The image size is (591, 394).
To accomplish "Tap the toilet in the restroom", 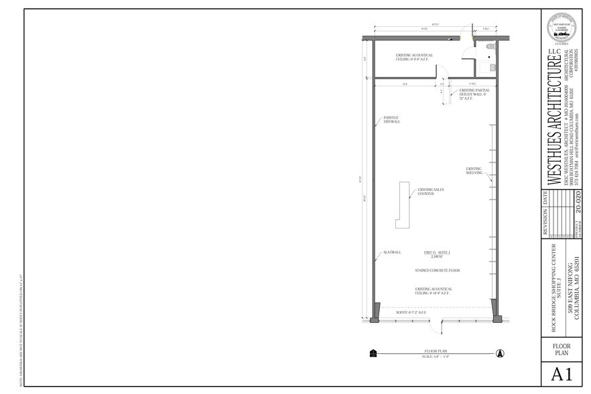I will pos(490,48).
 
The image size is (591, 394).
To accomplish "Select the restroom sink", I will pos(493,68).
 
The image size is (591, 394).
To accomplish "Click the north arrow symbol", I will pos(499,353).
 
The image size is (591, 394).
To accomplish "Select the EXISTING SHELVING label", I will pos(474,171).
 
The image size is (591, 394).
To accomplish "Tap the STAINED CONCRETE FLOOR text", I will pos(436,271).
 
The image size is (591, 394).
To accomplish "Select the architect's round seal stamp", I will pos(562,30).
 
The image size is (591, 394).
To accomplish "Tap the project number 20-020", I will pos(579,203).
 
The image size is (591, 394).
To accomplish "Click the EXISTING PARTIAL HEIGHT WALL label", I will pos(474,94).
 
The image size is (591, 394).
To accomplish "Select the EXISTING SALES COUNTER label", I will pos(430,191).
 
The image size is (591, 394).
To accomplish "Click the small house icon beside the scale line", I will pos(373,353).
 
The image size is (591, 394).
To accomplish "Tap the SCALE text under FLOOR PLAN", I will pos(436,356).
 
